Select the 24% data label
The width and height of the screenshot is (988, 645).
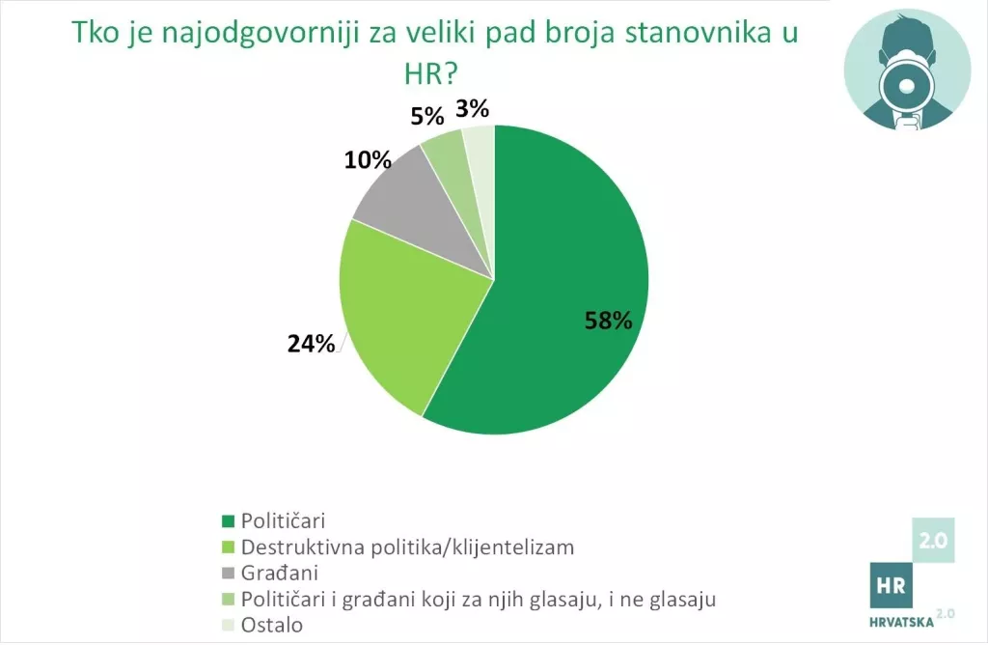point(311,343)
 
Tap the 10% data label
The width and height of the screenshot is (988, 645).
point(369,159)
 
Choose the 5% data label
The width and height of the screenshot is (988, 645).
point(426,117)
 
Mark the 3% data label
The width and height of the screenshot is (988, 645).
point(473,107)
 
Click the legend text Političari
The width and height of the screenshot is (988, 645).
point(282,520)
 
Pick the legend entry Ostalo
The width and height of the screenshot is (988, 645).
point(271,625)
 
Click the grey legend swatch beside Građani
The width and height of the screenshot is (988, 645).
point(229,574)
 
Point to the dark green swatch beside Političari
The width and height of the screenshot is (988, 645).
point(229,521)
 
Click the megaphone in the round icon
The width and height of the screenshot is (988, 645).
point(906,89)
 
